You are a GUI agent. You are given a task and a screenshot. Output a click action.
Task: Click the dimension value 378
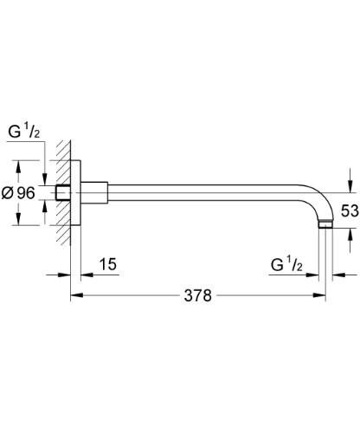coord(199,296)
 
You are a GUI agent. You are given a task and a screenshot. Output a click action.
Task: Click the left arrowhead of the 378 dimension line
coord(74,296)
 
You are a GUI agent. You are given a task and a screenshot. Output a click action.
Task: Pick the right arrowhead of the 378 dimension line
coord(328,296)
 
